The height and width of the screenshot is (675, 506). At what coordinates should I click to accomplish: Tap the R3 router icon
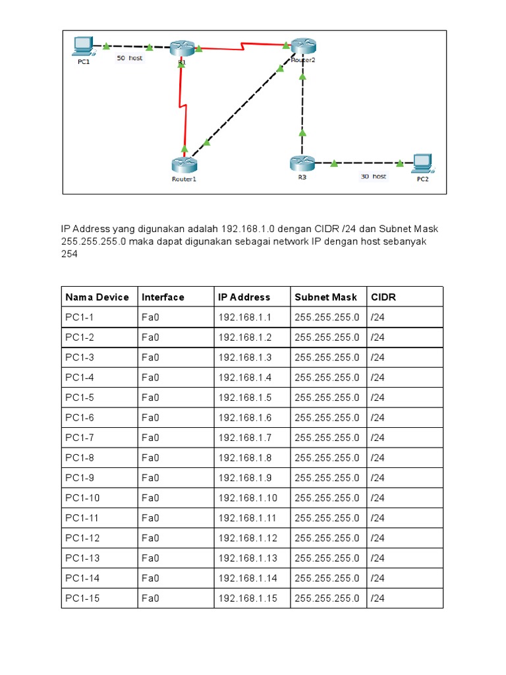coord(302,162)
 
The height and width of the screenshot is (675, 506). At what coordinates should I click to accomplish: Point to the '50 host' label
coord(129,58)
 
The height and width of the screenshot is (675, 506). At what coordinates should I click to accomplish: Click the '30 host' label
coord(373,176)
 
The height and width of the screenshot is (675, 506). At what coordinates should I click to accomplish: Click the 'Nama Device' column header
coord(98,297)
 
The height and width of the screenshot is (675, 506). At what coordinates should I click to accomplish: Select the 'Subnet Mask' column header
coord(325,297)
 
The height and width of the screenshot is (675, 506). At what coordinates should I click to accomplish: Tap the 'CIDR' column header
coord(383,297)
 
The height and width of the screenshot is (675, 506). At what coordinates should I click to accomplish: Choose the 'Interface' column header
coord(163,297)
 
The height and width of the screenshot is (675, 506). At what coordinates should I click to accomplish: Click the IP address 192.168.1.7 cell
coord(245,438)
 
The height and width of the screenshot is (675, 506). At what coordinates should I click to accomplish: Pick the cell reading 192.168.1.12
coord(248,538)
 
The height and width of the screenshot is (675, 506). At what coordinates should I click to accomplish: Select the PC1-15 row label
coord(83,599)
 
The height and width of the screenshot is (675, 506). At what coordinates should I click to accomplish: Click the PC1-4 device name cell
coord(80,378)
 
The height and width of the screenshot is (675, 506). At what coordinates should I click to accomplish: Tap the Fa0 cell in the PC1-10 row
coord(150,498)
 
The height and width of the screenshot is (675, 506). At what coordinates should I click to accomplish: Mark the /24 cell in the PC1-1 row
coord(378,318)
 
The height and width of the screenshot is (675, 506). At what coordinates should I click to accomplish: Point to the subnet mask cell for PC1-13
coord(327,558)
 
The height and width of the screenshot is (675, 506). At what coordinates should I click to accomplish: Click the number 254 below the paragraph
coord(69,254)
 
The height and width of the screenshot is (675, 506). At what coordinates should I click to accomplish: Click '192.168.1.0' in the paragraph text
coord(248,229)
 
